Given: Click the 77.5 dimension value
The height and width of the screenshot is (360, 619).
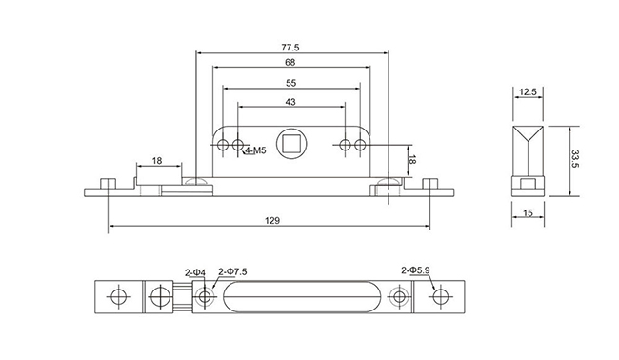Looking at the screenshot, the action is point(290,48).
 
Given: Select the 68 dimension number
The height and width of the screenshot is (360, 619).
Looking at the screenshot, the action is point(290,62).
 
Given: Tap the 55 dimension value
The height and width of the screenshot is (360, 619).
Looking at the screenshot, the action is point(291,83).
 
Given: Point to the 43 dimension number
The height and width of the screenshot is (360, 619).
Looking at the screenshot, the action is point(290,102).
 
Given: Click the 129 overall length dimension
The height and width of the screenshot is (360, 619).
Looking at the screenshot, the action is point(272,220).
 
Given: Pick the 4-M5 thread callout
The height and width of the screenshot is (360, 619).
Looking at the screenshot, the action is point(255,150).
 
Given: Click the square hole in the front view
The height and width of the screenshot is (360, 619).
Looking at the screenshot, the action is point(290,144).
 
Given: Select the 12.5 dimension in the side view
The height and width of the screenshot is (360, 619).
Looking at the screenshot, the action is point(528,92).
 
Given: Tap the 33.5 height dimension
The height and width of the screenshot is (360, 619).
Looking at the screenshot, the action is point(575,159).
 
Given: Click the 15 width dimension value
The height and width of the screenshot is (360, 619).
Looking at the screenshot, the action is point(528,213).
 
